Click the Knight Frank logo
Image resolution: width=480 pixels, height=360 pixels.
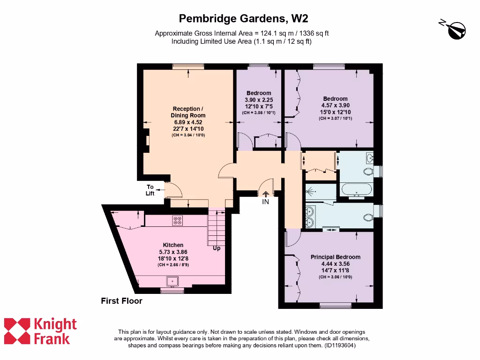(x=40, y=331)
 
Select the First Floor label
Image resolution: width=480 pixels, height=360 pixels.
(x=121, y=301)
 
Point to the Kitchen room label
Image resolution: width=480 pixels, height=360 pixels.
(x=173, y=245)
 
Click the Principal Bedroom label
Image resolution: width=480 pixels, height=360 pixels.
(x=336, y=257)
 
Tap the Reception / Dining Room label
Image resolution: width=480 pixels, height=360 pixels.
(x=188, y=112)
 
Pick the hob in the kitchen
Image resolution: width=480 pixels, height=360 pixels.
(x=178, y=220)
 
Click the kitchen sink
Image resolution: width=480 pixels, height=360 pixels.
(x=172, y=281)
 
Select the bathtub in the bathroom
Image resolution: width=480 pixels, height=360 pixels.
(x=356, y=190)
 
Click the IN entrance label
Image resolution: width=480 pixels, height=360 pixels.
(x=266, y=202)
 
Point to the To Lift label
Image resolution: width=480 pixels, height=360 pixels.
(x=150, y=190)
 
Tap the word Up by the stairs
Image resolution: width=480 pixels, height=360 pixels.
(x=217, y=248)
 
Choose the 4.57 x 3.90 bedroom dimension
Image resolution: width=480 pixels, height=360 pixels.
(x=336, y=105)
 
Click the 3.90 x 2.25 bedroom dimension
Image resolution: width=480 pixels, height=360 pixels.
(x=259, y=100)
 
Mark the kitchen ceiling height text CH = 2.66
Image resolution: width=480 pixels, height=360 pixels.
(x=173, y=265)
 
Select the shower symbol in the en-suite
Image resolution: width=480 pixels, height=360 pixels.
(x=311, y=192)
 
